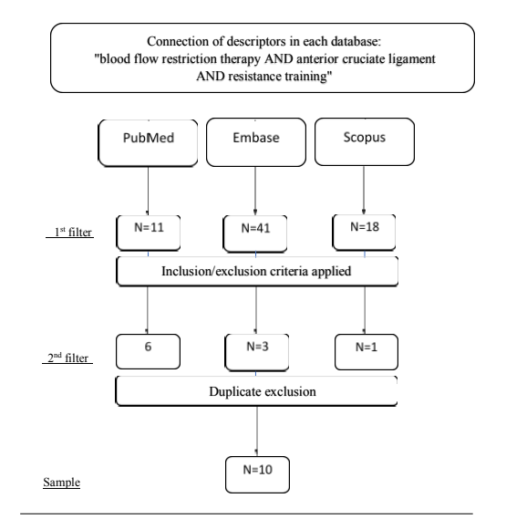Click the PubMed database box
148,142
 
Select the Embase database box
256,142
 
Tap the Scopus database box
365,141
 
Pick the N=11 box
149,233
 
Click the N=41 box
255,234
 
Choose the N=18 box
364,232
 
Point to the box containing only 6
148,351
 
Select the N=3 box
257,352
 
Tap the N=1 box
367,352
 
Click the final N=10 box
257,474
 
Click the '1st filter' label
73,232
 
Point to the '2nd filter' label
67,358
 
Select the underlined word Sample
62,483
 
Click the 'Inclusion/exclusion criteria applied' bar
257,271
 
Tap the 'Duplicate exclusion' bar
256,391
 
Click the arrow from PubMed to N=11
148,191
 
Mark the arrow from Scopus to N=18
364,190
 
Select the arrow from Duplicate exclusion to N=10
257,431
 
